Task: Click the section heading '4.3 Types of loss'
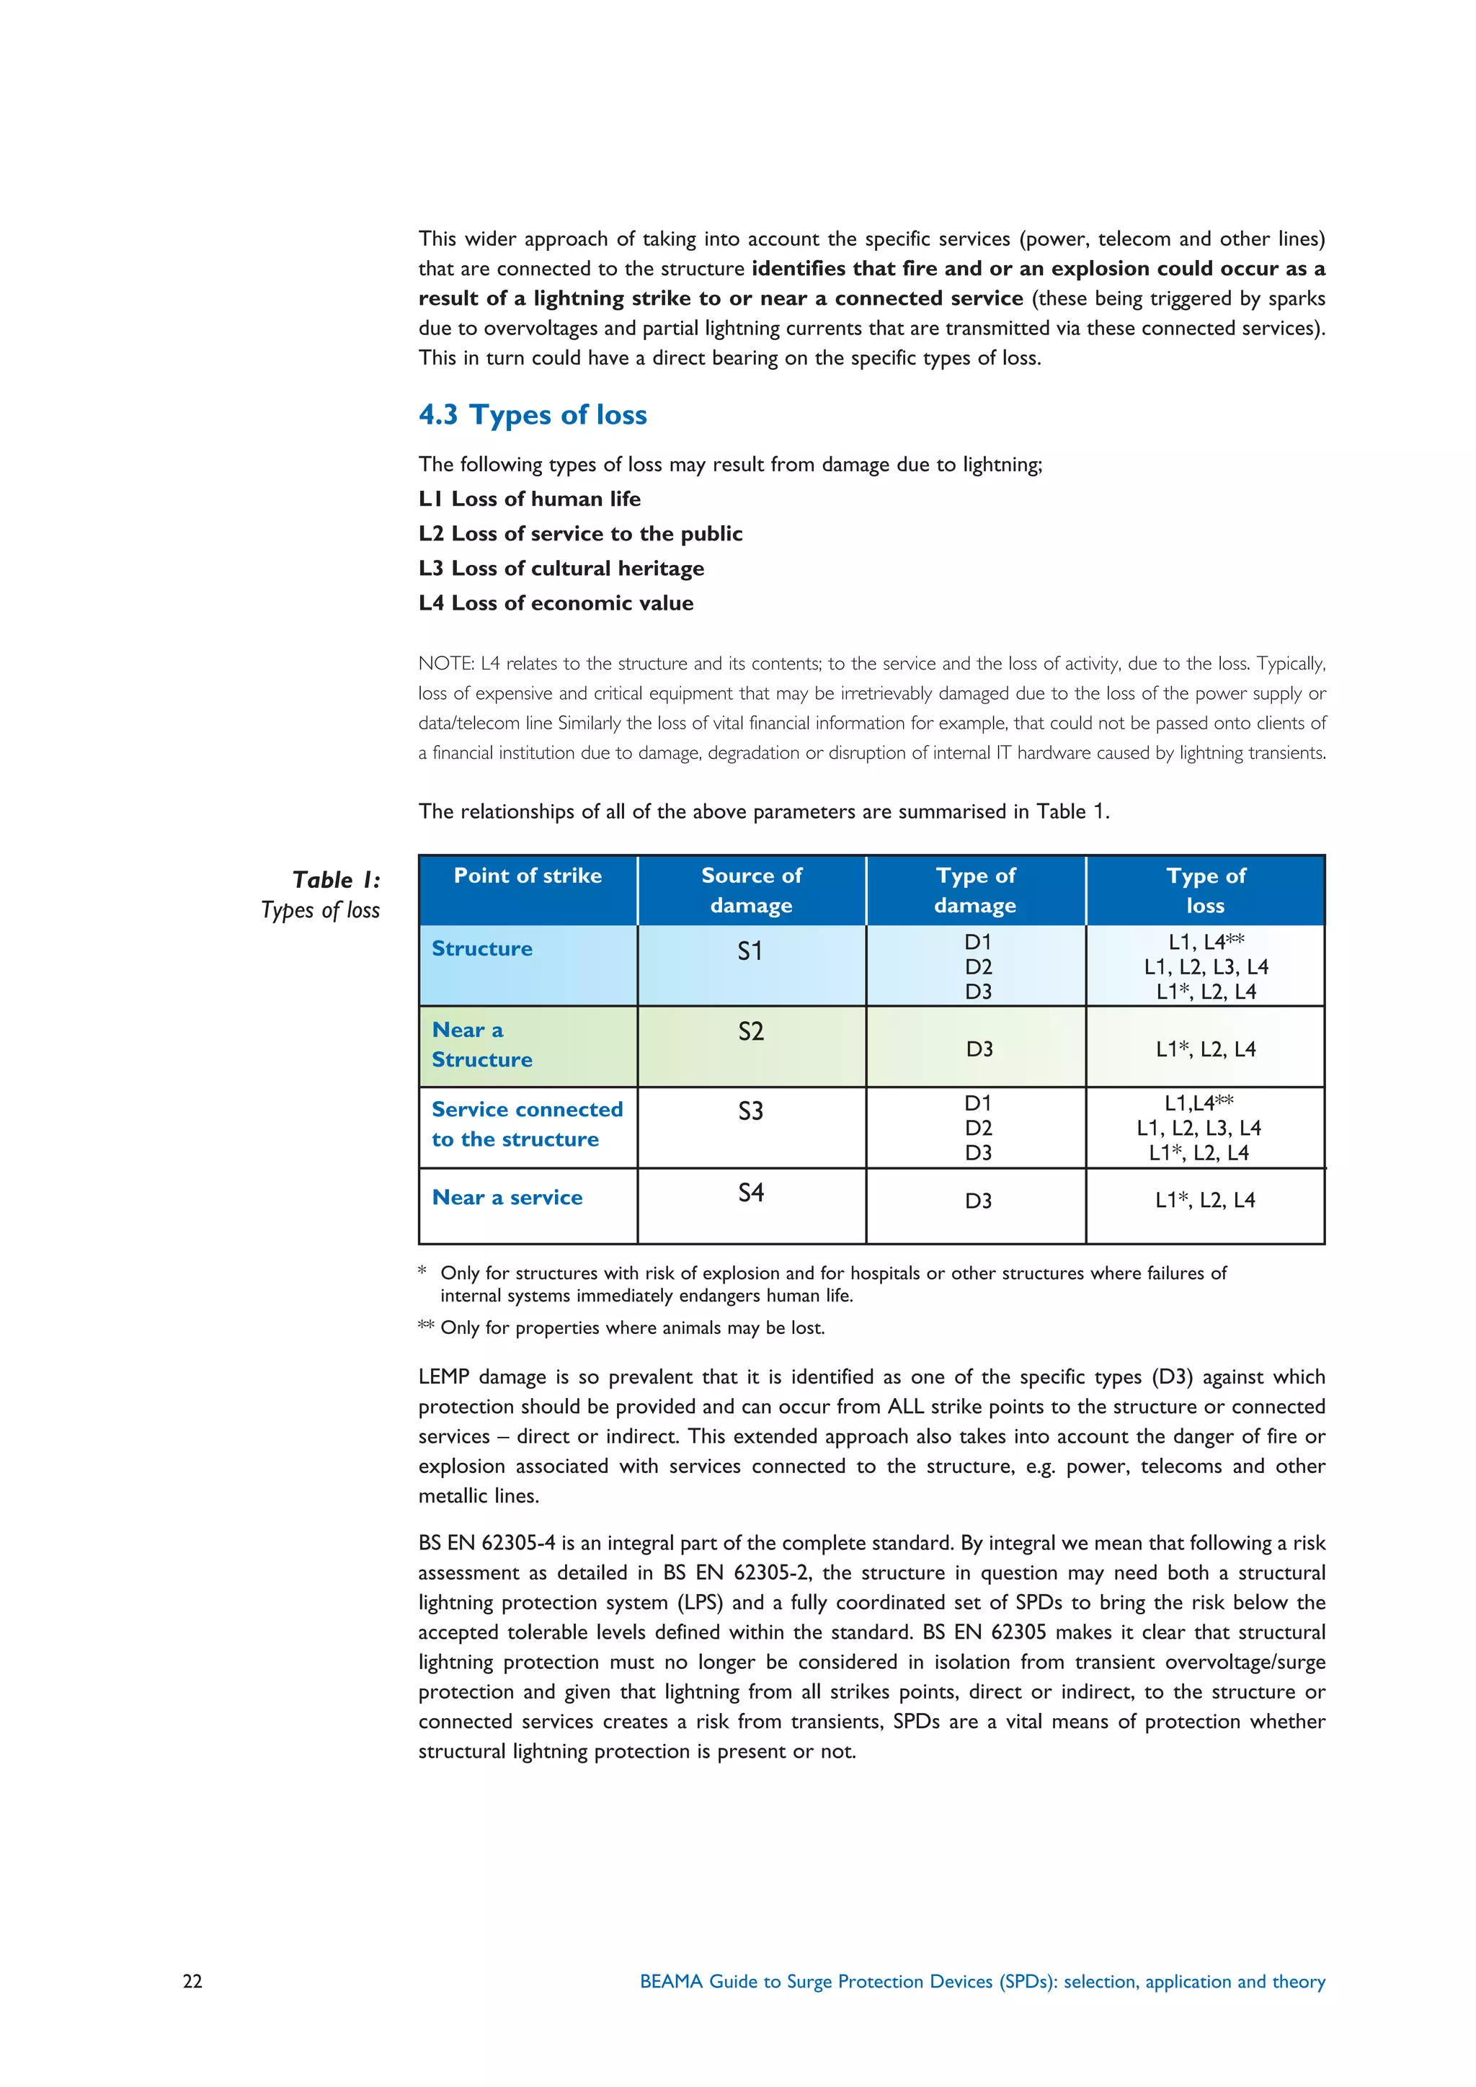point(533,414)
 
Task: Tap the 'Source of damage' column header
point(752,890)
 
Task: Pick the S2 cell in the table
point(751,1032)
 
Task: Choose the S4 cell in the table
point(751,1193)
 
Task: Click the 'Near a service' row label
point(507,1198)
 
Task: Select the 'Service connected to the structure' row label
point(526,1124)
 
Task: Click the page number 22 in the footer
point(192,1982)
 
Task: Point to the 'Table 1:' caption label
point(337,880)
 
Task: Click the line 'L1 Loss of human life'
point(529,499)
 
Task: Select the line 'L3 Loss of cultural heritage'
point(561,569)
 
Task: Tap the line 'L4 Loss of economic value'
point(556,604)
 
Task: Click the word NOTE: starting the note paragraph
point(445,664)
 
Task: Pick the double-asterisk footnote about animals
point(622,1328)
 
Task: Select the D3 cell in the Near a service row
point(978,1201)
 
